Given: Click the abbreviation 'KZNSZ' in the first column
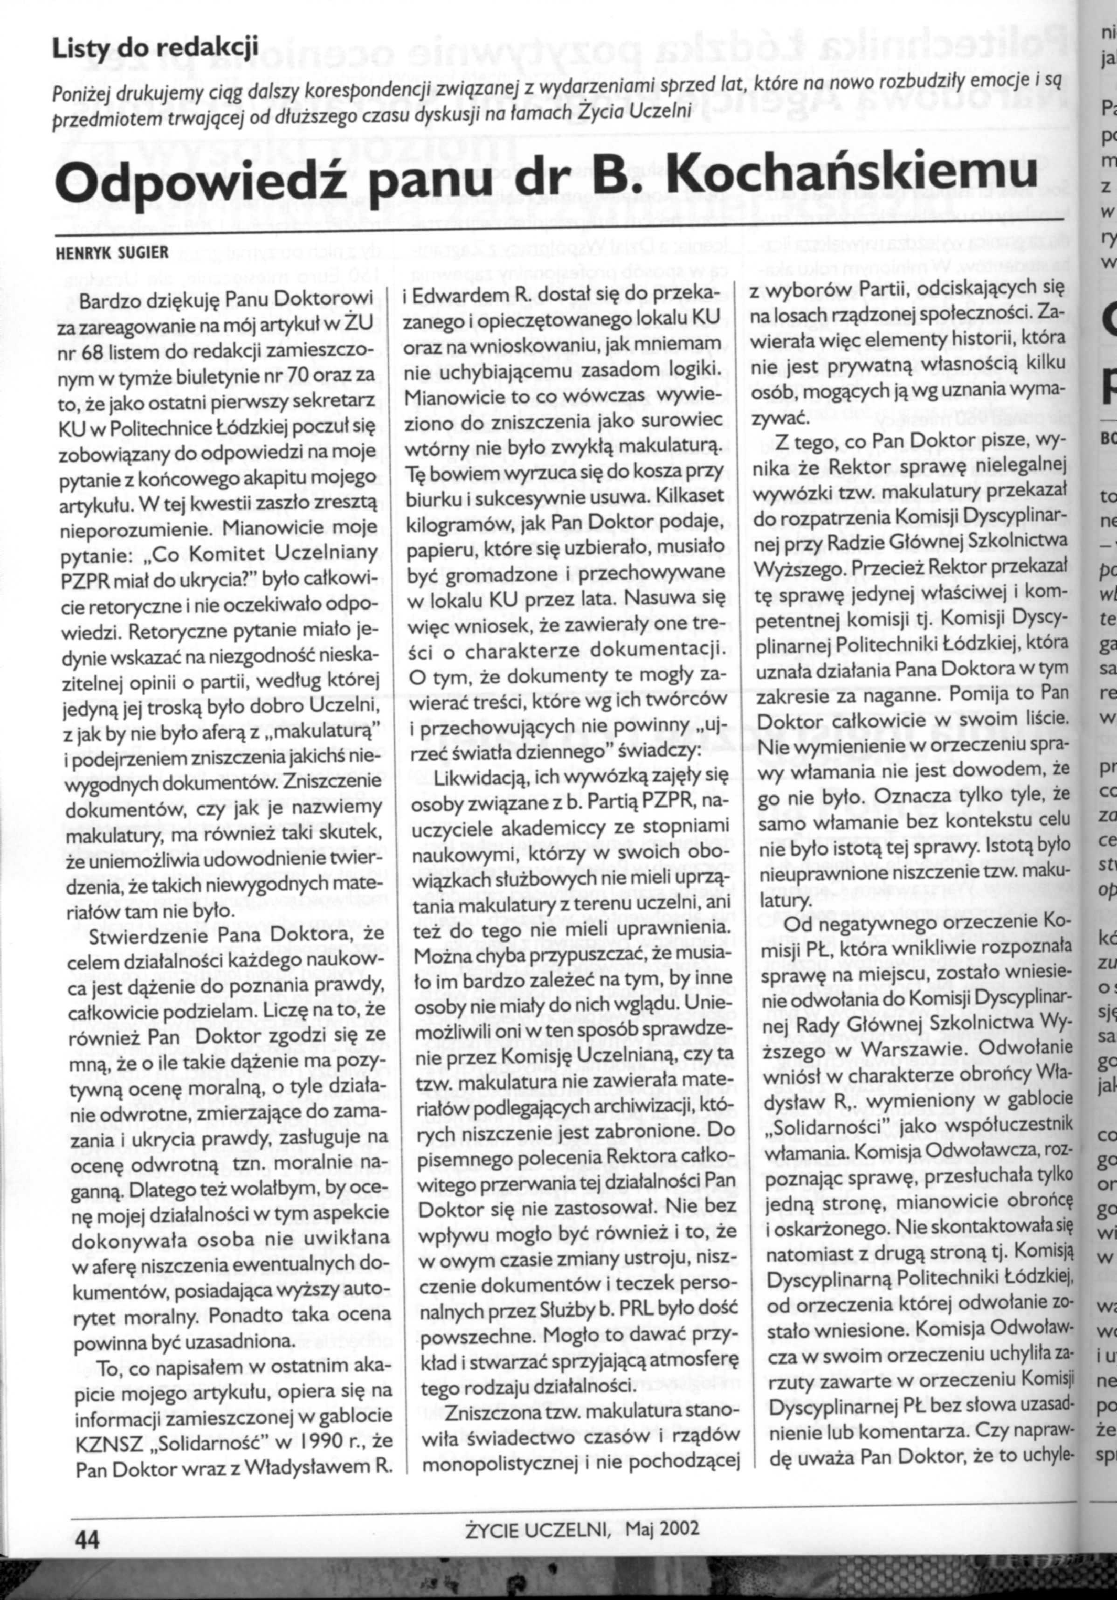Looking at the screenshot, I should click(108, 1439).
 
